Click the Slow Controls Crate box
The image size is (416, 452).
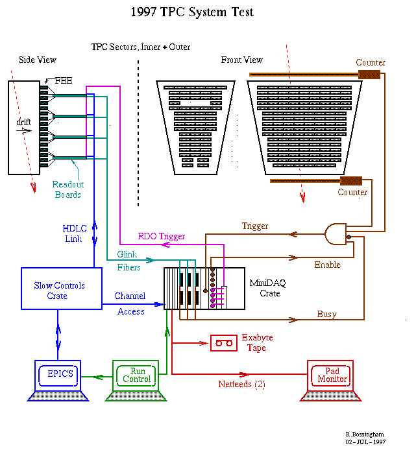(62, 289)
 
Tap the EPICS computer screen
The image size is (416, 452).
(58, 375)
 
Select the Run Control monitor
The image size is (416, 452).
(136, 375)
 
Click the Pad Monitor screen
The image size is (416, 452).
(330, 375)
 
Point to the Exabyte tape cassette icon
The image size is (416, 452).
(224, 343)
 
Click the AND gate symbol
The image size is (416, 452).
(336, 234)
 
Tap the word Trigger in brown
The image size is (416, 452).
(255, 226)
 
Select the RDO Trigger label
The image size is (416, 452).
(161, 237)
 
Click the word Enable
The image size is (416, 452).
(328, 265)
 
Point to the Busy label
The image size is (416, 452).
(327, 314)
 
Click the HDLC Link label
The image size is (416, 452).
(75, 233)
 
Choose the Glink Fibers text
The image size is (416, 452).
(128, 261)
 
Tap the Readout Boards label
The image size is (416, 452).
(68, 189)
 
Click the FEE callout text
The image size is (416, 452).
(64, 80)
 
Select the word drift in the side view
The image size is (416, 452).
(23, 122)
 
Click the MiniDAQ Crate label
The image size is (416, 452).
(268, 288)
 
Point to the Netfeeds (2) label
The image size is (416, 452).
(242, 384)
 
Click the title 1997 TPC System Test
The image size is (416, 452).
(192, 12)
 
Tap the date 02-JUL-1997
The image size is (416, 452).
(365, 442)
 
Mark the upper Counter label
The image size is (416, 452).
(371, 62)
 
